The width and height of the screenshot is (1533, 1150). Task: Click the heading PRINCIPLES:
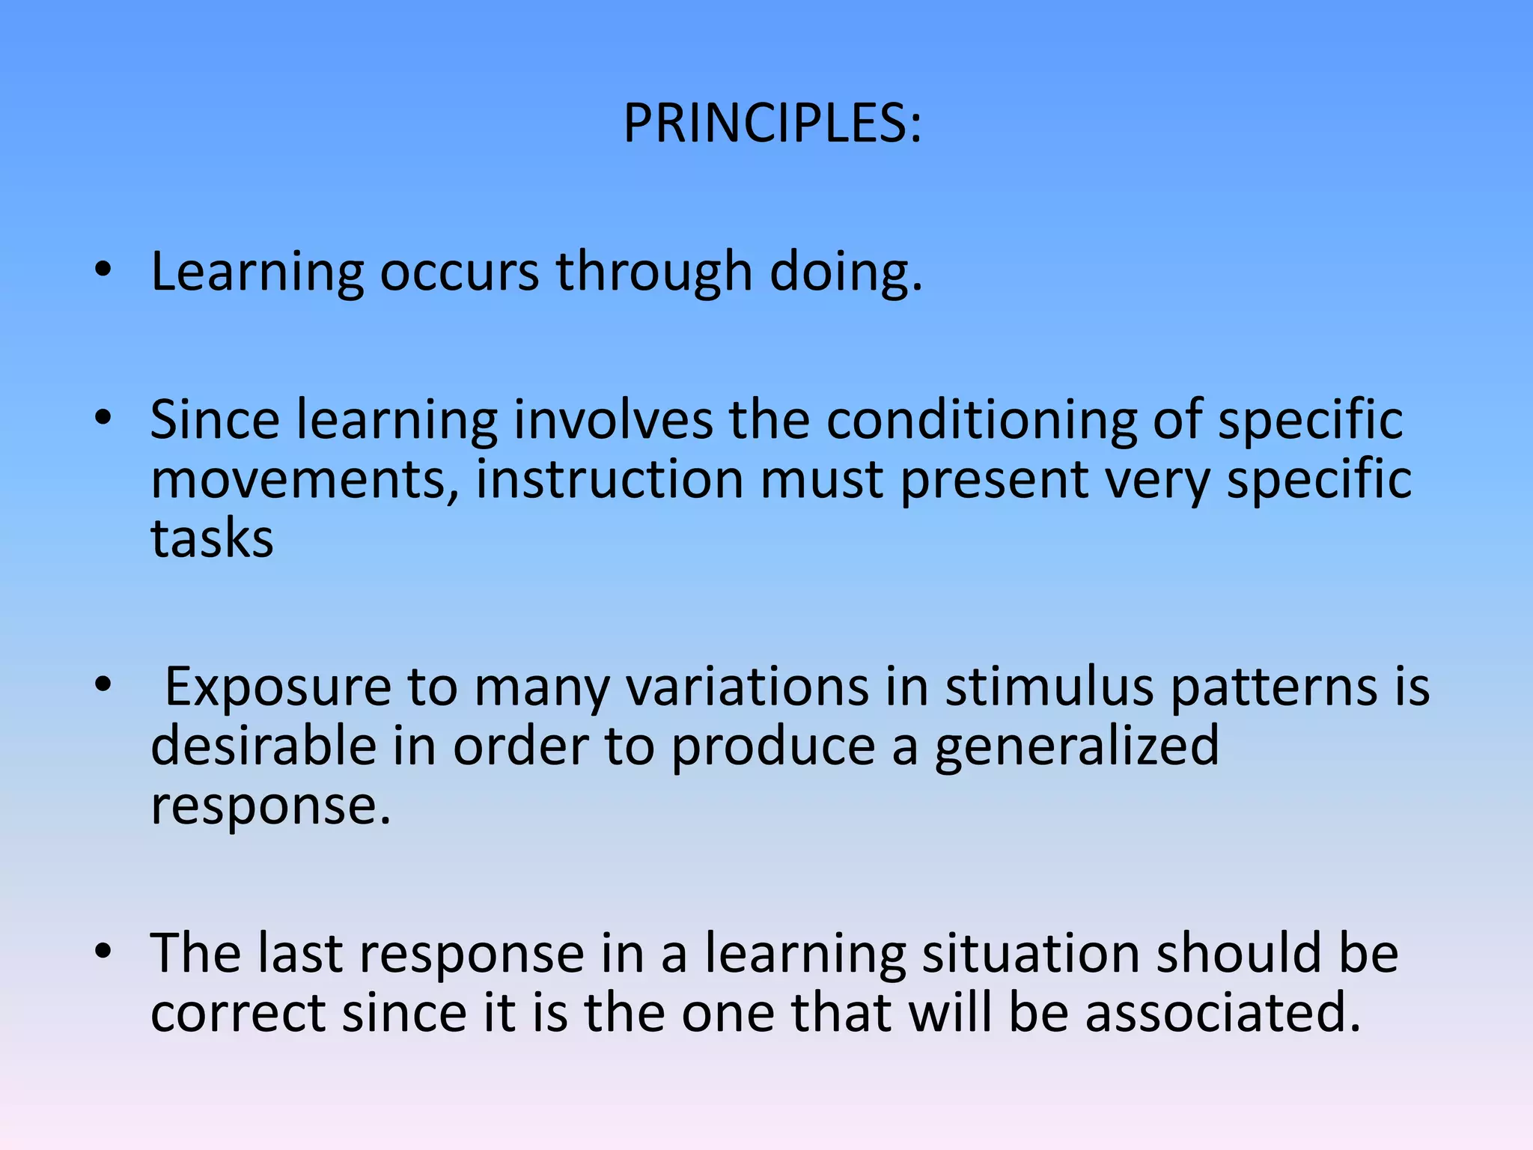(x=772, y=124)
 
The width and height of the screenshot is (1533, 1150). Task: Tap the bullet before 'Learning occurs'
(x=103, y=271)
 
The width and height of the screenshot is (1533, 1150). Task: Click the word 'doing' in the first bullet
(x=846, y=271)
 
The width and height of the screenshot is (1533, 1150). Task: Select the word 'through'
(x=653, y=271)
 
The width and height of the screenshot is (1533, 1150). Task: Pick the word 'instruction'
(x=609, y=479)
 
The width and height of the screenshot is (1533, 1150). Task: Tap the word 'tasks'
(x=212, y=539)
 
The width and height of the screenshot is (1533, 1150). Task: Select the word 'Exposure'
(x=278, y=687)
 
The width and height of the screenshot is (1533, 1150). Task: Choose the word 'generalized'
(x=1077, y=747)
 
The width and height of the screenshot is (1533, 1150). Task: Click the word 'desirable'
(x=263, y=746)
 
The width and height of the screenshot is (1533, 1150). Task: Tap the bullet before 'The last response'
(x=103, y=952)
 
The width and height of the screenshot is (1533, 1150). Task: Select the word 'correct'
(x=237, y=1014)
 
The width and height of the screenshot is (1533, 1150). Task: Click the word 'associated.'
(x=1222, y=1014)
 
